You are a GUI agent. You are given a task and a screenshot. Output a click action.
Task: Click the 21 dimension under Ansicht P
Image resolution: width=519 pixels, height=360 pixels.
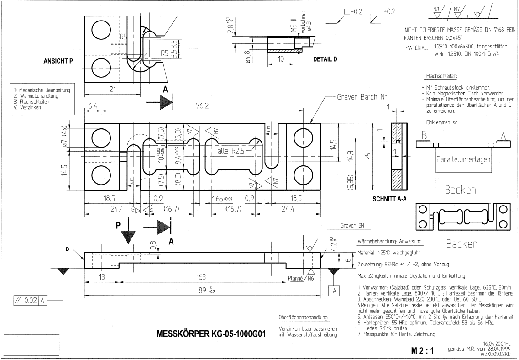[112, 90]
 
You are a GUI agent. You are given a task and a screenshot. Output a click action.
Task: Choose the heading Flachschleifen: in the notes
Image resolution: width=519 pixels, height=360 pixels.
[441, 76]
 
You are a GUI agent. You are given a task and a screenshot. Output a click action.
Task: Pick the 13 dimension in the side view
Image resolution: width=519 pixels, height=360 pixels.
[101, 276]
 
